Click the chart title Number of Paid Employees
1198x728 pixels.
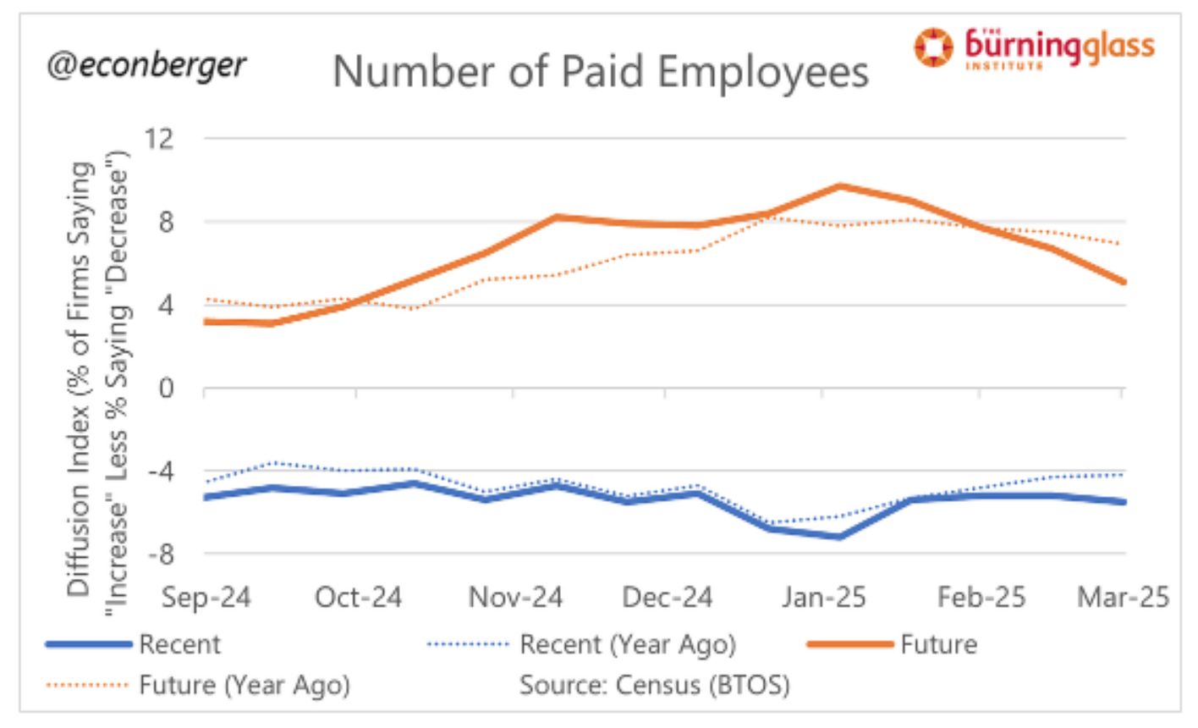[x=600, y=71]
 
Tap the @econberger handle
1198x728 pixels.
[x=146, y=64]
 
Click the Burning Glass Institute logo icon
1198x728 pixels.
[x=933, y=47]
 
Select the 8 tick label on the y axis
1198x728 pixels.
[x=166, y=222]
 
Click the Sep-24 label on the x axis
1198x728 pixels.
[x=206, y=598]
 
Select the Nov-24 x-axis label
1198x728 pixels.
[x=515, y=598]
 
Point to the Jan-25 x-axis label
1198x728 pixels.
[x=823, y=598]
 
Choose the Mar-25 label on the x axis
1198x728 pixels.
[x=1123, y=598]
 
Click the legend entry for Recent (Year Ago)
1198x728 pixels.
[x=627, y=645]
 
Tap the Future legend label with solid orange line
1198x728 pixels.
[x=938, y=645]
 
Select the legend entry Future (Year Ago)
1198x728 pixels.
[x=245, y=684]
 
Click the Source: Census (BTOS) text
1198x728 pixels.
[x=654, y=684]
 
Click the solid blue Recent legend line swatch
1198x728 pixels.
[x=89, y=645]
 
